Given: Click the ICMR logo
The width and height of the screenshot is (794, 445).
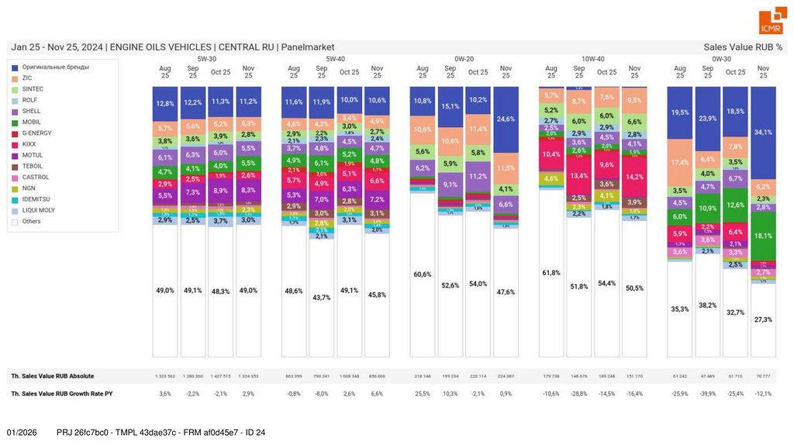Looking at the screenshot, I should (771, 22).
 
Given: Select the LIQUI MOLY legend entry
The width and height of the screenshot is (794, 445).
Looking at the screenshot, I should (40, 210).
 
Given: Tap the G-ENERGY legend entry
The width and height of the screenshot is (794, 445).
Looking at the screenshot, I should (38, 133).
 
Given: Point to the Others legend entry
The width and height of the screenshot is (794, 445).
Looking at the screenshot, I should (33, 221).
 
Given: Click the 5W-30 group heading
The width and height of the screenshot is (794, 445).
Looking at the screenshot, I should (207, 59).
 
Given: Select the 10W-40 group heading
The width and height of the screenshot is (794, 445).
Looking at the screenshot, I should (593, 59).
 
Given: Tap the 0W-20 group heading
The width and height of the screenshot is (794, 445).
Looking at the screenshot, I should (464, 59).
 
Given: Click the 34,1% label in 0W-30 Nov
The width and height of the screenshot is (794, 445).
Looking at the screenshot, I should (763, 133).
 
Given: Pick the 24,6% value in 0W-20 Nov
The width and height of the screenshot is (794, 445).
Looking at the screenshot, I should (506, 119).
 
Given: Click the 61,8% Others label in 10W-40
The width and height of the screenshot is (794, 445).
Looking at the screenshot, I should (551, 273).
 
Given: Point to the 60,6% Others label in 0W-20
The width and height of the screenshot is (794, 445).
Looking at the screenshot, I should (423, 274).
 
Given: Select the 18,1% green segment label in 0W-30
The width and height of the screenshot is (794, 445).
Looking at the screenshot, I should (763, 236).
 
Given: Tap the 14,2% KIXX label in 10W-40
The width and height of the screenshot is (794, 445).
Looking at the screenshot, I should (634, 177).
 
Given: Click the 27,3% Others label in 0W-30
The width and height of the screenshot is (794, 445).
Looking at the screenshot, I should (763, 319).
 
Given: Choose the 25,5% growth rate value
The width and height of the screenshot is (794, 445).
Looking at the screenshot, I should (423, 394).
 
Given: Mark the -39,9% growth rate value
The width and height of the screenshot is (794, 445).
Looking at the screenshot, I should (707, 394).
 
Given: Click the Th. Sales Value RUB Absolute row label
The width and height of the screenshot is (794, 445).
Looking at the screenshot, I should (53, 376).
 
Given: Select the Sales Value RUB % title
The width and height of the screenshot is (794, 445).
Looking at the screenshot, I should (743, 47).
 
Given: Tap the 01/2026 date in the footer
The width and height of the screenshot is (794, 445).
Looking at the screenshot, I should (22, 432).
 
